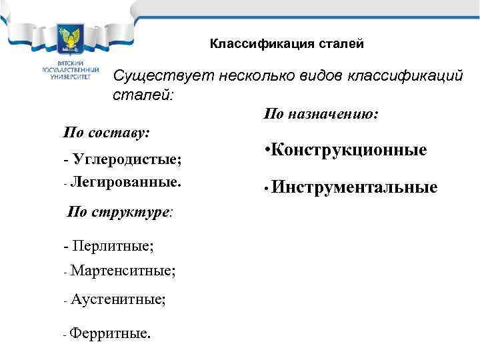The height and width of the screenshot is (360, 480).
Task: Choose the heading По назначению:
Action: [321, 115]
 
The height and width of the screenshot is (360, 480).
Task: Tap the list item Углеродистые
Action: [127, 160]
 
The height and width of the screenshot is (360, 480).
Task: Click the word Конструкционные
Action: [349, 151]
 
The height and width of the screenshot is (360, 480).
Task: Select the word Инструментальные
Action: [354, 189]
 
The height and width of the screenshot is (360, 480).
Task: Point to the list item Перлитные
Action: [112, 246]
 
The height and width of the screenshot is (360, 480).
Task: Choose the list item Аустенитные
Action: [118, 300]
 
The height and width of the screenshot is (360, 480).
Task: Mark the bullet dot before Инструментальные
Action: [265, 189]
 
